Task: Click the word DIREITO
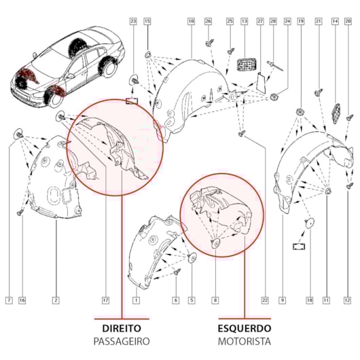122,328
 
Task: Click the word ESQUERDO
245,328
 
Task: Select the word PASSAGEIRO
122,342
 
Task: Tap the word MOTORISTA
245,342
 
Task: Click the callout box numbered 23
133,21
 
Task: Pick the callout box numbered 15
147,21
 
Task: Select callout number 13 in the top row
245,21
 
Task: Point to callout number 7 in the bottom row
9,300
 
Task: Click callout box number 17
105,300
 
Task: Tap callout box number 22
265,300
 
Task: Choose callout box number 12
348,300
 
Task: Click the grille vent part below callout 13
247,65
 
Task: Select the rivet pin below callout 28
275,66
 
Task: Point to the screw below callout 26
210,43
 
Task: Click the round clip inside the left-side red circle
60,117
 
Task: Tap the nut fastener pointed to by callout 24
274,96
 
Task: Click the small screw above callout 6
177,272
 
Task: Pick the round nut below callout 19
300,112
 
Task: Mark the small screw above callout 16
20,213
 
